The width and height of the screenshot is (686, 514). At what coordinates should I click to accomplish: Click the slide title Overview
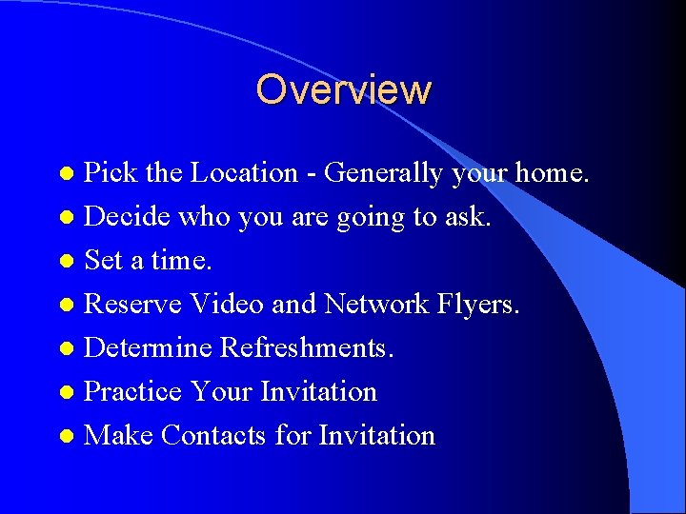tap(343, 89)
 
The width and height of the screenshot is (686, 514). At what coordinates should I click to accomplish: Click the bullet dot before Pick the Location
tap(66, 174)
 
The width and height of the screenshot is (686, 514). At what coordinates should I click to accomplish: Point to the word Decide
tap(128, 217)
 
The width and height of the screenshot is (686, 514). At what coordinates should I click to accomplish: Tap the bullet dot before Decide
tap(66, 218)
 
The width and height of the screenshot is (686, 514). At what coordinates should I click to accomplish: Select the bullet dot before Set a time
tap(66, 262)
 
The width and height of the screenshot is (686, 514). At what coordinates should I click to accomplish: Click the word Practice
tap(132, 392)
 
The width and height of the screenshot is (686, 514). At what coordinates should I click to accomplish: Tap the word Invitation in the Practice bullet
tap(319, 392)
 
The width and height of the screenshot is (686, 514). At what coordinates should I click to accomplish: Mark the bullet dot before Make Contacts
tap(66, 437)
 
